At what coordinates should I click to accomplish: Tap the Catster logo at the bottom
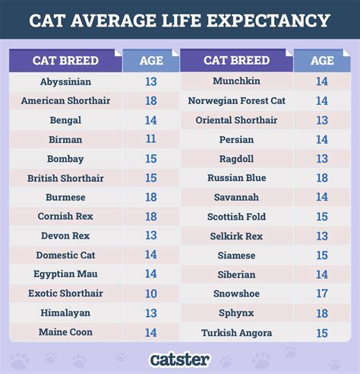179,358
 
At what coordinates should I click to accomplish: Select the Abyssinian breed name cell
65,81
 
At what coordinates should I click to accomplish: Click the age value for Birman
150,139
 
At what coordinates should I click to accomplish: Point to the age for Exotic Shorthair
150,293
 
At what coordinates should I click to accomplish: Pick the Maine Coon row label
65,332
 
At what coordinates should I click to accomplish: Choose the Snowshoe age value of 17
322,293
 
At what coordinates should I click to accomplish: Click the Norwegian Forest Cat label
237,100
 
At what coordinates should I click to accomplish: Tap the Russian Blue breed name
237,178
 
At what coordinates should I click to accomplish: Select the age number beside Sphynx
322,312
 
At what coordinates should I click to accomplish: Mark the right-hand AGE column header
322,60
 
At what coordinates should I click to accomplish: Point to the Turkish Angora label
237,332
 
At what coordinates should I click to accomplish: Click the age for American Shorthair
150,100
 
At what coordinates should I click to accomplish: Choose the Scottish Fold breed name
237,217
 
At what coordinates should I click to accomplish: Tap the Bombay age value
150,159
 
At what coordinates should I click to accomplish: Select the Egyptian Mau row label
65,274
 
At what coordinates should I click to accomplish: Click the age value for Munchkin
322,81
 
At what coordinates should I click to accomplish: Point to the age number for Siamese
322,255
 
